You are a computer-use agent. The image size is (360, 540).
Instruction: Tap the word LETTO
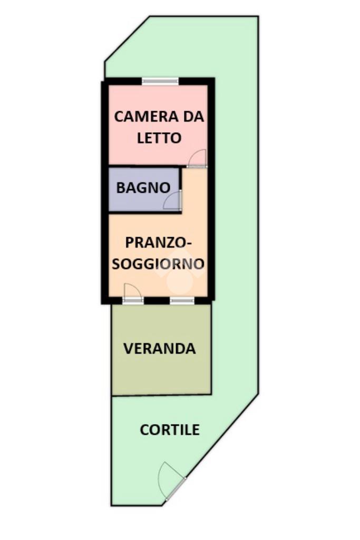click(159, 138)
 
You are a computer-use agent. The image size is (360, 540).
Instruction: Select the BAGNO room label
click(143, 188)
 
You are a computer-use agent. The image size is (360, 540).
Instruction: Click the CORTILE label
click(170, 430)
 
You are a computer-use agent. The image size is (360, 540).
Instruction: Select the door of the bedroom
click(198, 158)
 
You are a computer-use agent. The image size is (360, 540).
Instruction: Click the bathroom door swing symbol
click(173, 201)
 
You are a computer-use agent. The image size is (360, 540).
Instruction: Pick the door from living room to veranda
click(132, 293)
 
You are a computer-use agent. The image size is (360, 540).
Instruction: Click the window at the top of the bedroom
click(160, 81)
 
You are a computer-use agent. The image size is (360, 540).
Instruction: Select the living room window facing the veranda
click(181, 300)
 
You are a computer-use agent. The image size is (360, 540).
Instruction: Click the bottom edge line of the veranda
click(161, 395)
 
